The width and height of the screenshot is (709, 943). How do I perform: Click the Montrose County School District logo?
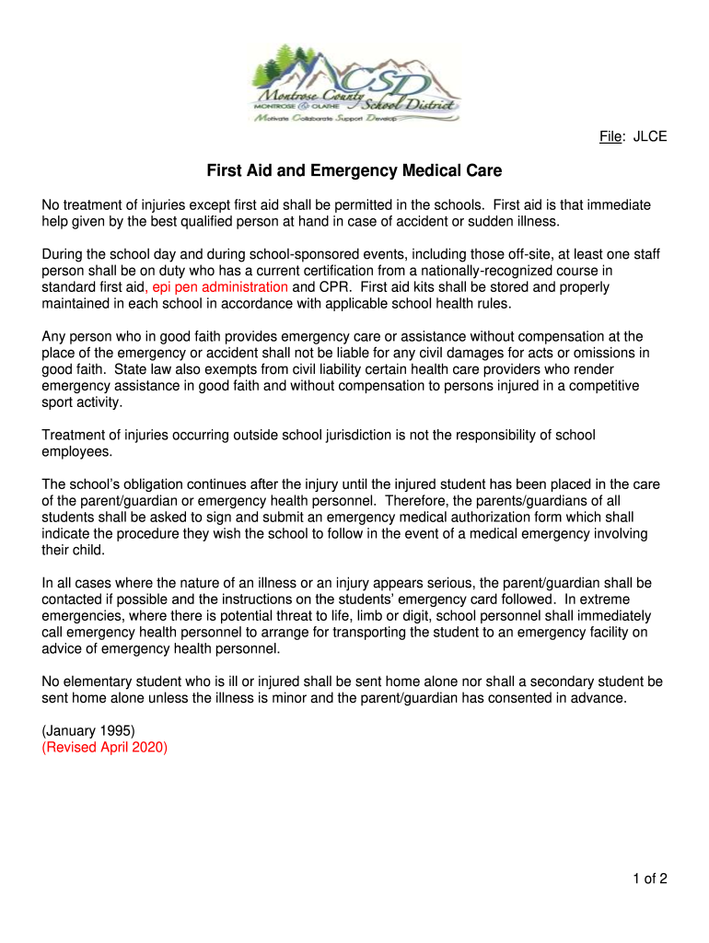pos(354,84)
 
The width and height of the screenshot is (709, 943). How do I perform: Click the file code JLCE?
pos(649,137)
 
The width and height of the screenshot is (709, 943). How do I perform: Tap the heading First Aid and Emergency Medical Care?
pos(354,171)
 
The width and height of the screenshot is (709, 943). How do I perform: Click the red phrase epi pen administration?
pos(220,287)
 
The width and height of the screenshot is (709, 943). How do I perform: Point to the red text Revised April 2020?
pos(105,747)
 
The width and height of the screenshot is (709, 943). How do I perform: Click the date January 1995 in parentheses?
pos(88,731)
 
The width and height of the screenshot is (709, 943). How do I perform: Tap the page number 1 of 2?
pos(649,879)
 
